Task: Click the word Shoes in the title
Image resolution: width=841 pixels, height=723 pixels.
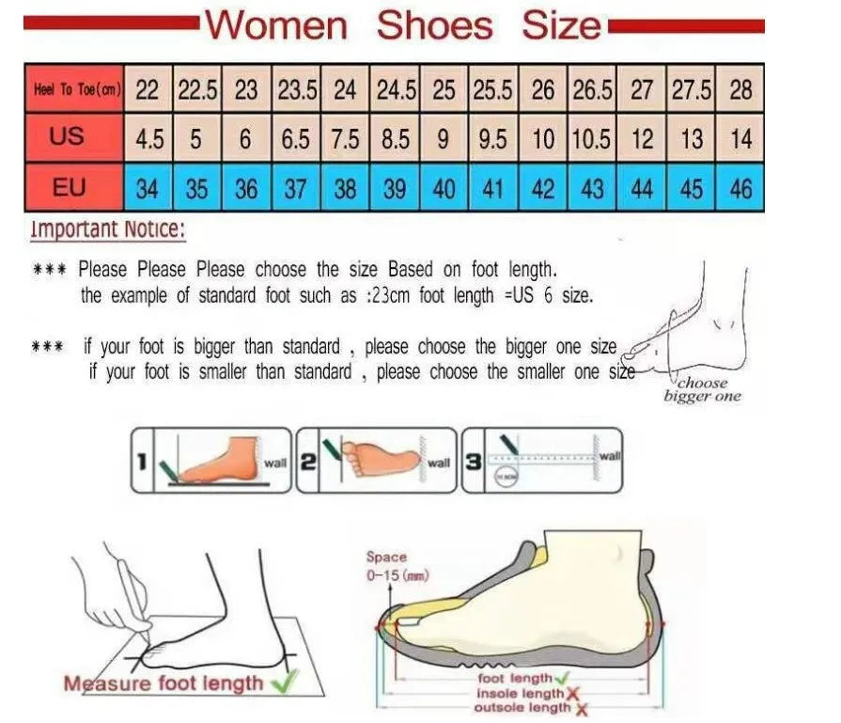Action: pyautogui.click(x=434, y=24)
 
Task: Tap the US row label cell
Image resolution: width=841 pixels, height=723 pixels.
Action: pyautogui.click(x=67, y=138)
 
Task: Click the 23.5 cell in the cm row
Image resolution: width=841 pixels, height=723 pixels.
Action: pyautogui.click(x=296, y=90)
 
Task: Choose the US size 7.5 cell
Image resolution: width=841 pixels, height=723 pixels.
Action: pyautogui.click(x=346, y=139)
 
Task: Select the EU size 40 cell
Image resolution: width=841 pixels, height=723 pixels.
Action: pyautogui.click(x=444, y=189)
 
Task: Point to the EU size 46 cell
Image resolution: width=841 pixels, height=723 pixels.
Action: pyautogui.click(x=740, y=189)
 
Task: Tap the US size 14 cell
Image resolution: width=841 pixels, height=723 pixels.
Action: pyautogui.click(x=740, y=139)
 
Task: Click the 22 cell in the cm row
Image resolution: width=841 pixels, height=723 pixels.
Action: pyautogui.click(x=147, y=90)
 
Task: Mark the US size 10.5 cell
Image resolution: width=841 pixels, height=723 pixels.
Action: pyautogui.click(x=592, y=139)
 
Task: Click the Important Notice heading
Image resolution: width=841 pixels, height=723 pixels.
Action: pyautogui.click(x=107, y=228)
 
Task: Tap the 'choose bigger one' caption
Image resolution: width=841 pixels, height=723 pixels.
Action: pyautogui.click(x=702, y=389)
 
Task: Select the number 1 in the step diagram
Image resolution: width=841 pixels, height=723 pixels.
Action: pyautogui.click(x=140, y=462)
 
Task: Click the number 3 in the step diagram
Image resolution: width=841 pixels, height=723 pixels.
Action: pyautogui.click(x=474, y=462)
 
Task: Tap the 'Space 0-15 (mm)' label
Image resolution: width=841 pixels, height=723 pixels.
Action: pyautogui.click(x=386, y=566)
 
